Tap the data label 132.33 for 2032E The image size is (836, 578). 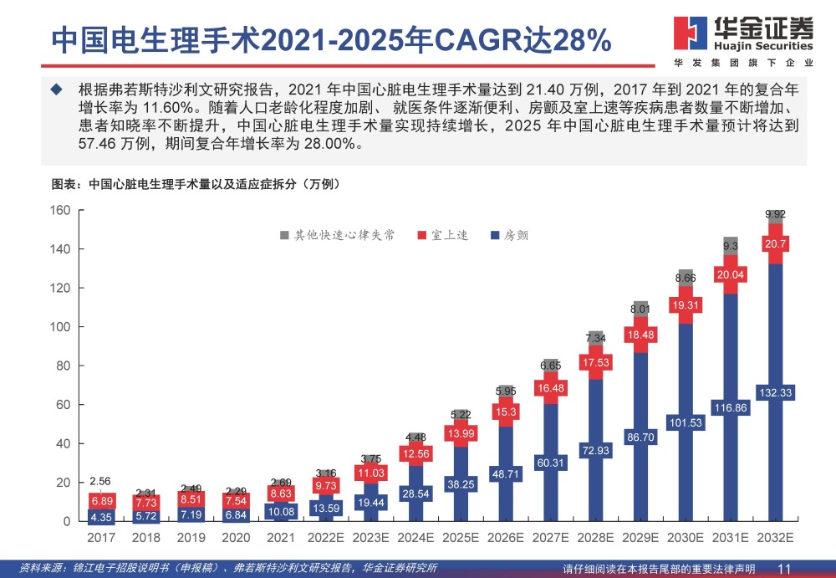tap(777, 392)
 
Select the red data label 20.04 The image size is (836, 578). tap(731, 274)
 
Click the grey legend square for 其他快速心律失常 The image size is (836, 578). tap(285, 236)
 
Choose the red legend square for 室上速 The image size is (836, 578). tap(424, 236)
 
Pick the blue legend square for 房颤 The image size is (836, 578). tap(495, 236)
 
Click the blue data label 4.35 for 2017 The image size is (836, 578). tap(101, 517)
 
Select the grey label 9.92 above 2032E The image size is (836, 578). tap(777, 215)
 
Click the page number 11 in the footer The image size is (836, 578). tap(784, 569)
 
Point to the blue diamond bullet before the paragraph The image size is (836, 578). tap(56, 89)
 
